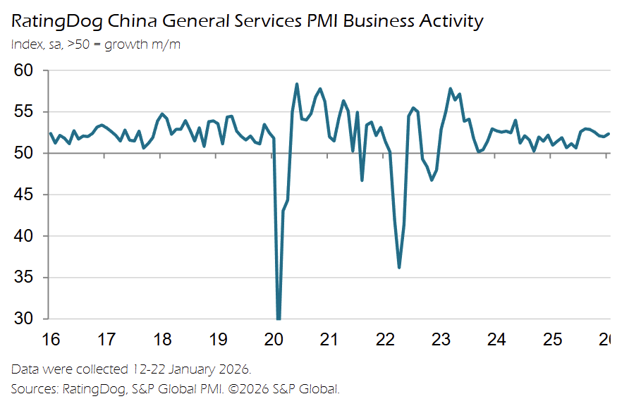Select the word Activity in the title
(448, 22)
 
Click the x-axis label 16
(50, 340)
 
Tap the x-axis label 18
(161, 340)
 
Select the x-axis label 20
(274, 340)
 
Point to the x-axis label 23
(441, 340)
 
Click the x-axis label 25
(552, 340)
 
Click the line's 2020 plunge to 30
(279, 317)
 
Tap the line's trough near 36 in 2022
(399, 267)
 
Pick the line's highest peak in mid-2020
(297, 84)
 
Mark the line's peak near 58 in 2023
(450, 89)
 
